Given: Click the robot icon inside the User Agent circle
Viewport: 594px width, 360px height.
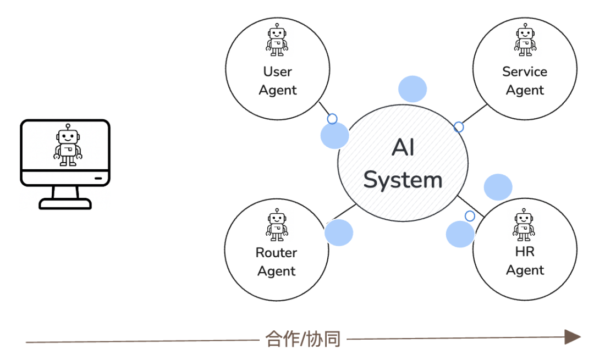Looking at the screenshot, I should [277, 40].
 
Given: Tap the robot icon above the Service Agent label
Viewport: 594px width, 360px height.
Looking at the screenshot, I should [525, 40].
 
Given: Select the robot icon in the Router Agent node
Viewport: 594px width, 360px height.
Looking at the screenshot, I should [277, 225].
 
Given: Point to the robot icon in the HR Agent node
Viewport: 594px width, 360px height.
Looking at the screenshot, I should [524, 225].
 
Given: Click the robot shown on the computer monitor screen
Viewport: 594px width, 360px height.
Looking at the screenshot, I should [68, 146].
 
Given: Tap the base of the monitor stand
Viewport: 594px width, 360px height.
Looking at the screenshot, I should [65, 204].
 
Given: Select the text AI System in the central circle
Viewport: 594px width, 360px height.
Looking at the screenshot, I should [403, 164].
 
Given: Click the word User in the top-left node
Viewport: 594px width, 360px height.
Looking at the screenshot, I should [277, 71].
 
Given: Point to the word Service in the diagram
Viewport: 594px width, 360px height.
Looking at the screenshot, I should [525, 71].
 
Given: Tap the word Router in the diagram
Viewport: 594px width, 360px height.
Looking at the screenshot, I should [277, 253].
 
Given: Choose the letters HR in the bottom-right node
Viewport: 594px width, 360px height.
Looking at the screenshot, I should [525, 252].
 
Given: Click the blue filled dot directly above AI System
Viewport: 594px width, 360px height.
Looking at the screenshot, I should [412, 89].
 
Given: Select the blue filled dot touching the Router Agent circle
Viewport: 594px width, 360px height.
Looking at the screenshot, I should [339, 232].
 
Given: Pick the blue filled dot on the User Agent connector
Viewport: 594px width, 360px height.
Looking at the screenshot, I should [334, 135].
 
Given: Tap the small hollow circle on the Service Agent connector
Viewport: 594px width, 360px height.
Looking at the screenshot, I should [459, 128].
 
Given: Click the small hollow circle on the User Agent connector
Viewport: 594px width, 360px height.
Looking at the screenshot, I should [332, 119].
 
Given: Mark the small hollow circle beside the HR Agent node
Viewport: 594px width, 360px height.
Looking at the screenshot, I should [470, 216].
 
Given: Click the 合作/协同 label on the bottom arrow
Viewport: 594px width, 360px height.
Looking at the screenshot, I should [303, 339].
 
